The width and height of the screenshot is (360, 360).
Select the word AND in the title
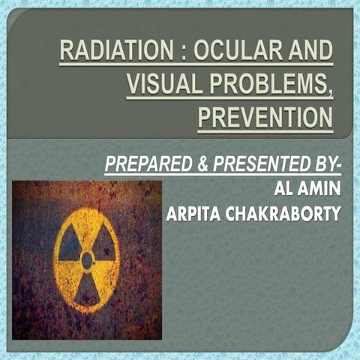(x=309, y=55)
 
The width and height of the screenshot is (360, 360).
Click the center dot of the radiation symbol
(x=87, y=260)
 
